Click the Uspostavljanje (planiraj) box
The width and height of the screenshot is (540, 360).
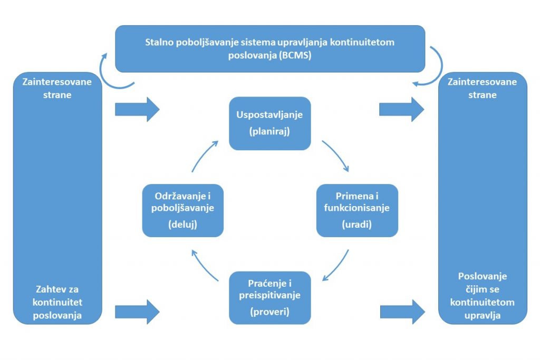point(269,123)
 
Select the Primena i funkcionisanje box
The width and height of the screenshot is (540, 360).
point(356,210)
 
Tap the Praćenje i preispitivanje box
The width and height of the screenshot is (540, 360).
point(269,297)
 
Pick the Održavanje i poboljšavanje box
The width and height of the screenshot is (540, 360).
point(182,210)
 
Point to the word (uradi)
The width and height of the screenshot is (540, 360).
point(356,225)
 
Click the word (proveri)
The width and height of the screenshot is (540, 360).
point(269,312)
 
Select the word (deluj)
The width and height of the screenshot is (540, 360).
point(182,225)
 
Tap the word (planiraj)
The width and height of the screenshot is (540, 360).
point(269,132)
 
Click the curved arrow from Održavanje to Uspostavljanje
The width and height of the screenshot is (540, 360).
point(204,155)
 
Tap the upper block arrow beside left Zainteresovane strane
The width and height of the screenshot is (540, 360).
point(137,109)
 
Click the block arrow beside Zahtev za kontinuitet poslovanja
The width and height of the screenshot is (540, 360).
point(137,312)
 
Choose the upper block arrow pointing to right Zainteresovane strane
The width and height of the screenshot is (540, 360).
point(401,109)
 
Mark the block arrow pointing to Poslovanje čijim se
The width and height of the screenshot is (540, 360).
point(402,312)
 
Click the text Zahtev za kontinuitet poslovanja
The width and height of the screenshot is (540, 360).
point(57,302)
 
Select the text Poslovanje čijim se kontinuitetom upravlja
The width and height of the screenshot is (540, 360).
point(482,296)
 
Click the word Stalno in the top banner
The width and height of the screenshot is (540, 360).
point(159,43)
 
